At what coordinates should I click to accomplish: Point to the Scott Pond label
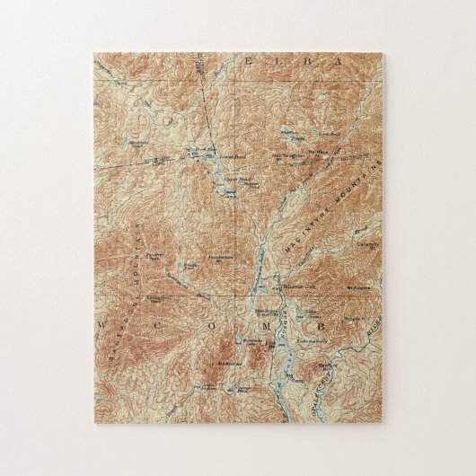point(330,135)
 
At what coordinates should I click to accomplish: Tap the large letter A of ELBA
point(339,61)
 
